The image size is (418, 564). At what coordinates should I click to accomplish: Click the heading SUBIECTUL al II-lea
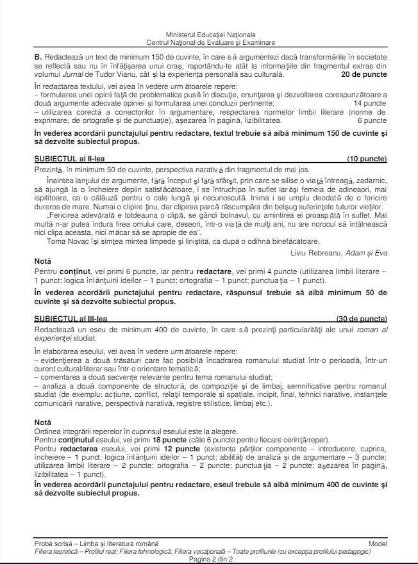[x=63, y=157]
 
